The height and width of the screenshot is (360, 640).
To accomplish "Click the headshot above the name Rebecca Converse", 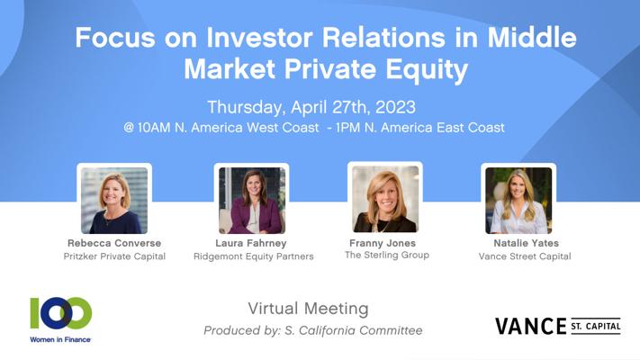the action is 114,201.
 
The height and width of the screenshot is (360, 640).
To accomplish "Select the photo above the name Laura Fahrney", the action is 252,201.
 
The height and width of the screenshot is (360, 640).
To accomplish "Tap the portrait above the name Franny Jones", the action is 385,199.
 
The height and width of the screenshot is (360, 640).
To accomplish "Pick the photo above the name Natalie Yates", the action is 518,201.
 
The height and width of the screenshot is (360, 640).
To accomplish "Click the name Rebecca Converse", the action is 114,243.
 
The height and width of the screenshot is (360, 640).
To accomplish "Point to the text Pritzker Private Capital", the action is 114,256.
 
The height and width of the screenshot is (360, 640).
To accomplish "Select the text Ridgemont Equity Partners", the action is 254,256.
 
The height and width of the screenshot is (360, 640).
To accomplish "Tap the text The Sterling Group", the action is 386,255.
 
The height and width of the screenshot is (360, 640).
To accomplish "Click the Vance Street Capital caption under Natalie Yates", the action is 525,256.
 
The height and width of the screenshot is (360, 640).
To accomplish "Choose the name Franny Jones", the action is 383,243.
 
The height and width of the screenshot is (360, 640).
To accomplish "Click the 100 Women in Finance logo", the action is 61,319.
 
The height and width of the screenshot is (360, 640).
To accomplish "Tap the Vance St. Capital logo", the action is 558,326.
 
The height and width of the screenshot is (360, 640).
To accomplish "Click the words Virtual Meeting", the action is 308,309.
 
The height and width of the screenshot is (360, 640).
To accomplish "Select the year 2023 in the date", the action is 395,107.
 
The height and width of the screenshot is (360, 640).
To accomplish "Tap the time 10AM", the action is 154,127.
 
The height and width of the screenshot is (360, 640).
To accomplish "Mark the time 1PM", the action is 348,127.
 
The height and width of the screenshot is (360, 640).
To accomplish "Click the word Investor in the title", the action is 260,37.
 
